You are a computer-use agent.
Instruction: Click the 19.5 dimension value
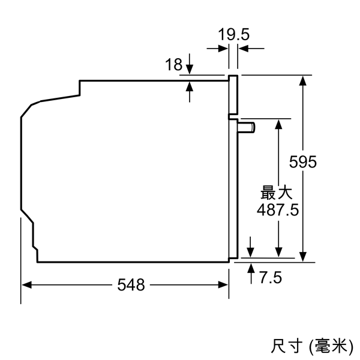point(233,34)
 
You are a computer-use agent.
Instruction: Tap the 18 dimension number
point(174,64)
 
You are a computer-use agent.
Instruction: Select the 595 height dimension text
point(303,162)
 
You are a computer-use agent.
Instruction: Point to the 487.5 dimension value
point(278,210)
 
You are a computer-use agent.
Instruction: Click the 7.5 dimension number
point(271,277)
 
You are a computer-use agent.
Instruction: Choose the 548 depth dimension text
point(131,285)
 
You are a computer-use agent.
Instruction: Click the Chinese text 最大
point(277,193)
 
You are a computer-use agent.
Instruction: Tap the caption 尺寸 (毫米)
point(312,346)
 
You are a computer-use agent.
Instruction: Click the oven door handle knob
point(247,128)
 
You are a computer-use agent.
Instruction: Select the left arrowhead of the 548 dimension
point(26,285)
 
